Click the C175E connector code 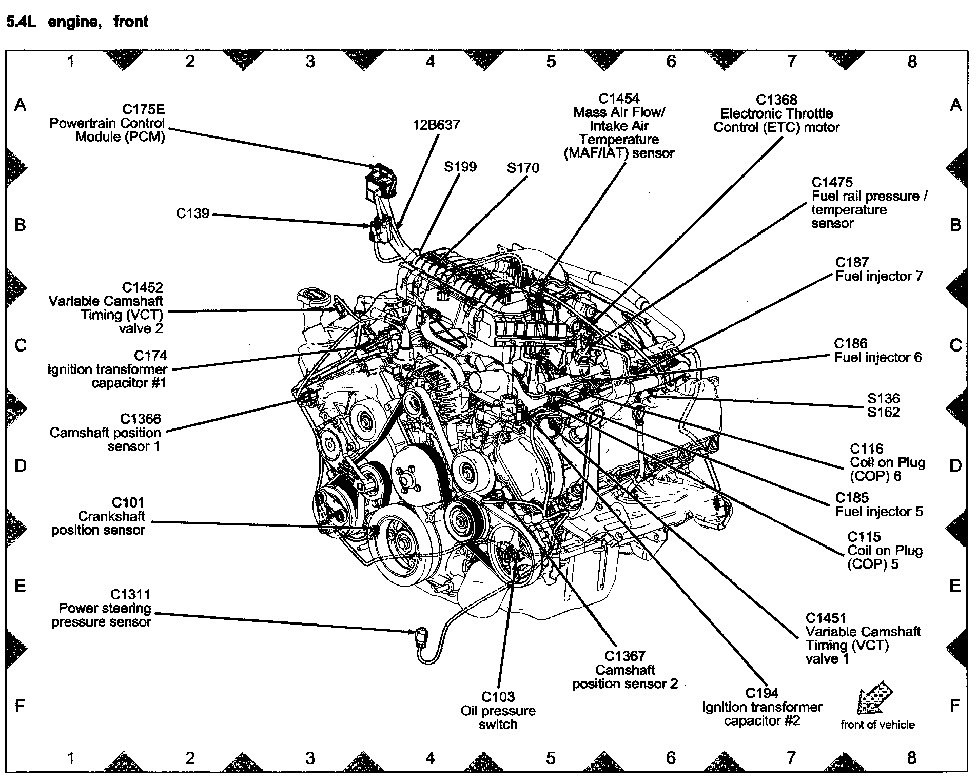click(x=143, y=109)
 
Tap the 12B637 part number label click(x=436, y=125)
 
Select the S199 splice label click(x=460, y=167)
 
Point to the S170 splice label click(x=523, y=168)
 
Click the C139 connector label click(x=192, y=213)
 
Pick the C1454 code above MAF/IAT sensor click(x=619, y=99)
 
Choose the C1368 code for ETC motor click(x=776, y=100)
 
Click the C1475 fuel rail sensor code click(x=832, y=183)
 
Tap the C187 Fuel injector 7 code click(x=852, y=263)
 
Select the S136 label click(x=883, y=399)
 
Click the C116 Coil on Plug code click(x=867, y=449)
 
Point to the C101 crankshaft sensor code click(x=128, y=503)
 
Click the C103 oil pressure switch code click(x=498, y=697)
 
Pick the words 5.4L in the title click(x=21, y=22)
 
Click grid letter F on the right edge click(x=954, y=706)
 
